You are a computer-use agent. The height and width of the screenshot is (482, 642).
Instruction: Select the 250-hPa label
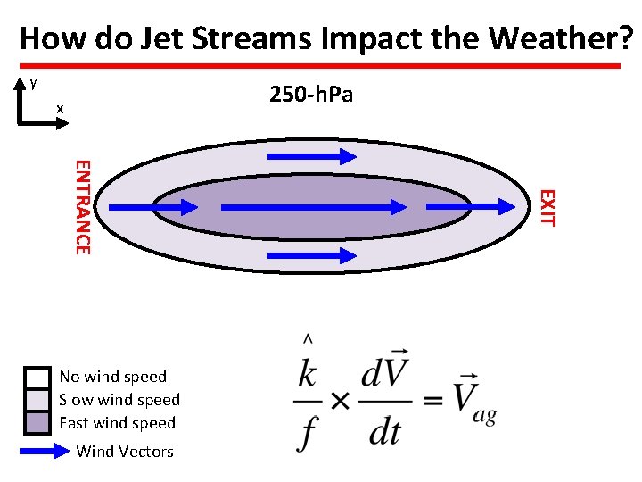(x=311, y=94)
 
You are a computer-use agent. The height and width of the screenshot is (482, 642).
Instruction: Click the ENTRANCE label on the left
(x=81, y=206)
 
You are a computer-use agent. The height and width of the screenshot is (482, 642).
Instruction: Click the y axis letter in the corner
(x=33, y=82)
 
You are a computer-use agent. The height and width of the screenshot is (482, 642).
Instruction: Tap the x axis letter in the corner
(x=60, y=109)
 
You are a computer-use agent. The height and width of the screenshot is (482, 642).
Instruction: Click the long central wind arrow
(x=312, y=207)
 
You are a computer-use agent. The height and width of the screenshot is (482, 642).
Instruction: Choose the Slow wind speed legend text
(x=119, y=400)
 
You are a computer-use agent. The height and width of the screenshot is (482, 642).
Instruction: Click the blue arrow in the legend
(x=45, y=452)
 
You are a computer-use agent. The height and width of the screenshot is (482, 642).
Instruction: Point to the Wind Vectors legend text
(x=125, y=452)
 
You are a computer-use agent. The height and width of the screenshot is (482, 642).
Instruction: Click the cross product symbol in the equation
(x=340, y=401)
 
